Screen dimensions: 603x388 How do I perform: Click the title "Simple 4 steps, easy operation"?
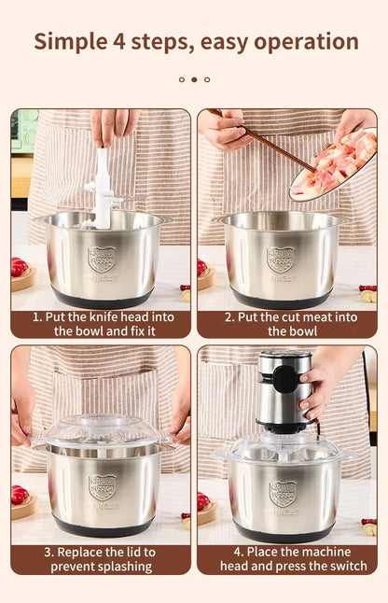pyautogui.click(x=195, y=41)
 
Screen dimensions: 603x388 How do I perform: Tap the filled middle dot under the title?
pyautogui.click(x=194, y=79)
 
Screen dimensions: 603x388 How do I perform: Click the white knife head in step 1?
pyautogui.click(x=102, y=188)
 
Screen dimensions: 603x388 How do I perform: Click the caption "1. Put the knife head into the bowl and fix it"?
pyautogui.click(x=101, y=323)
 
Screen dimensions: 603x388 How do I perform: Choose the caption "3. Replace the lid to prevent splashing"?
pyautogui.click(x=101, y=558)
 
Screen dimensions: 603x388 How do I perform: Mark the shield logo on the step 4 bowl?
pyautogui.click(x=283, y=492)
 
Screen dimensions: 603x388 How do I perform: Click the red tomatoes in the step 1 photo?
pyautogui.click(x=20, y=267)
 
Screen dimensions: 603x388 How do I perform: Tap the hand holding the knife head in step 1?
pyautogui.click(x=114, y=126)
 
